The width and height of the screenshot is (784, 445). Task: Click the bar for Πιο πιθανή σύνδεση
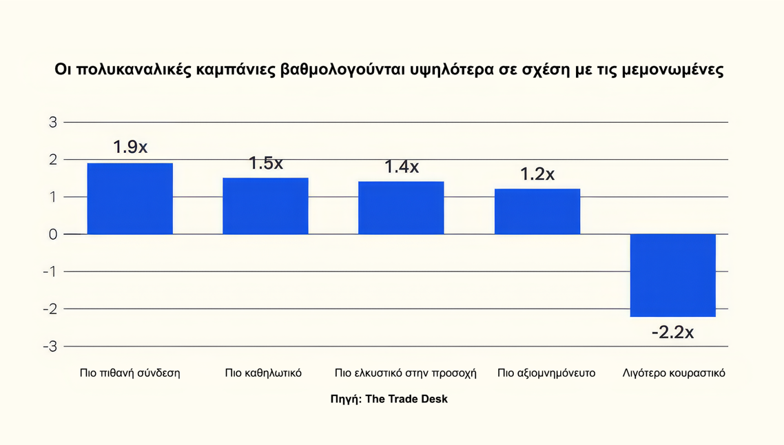click(130, 198)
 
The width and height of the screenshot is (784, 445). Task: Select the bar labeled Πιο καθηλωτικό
click(265, 206)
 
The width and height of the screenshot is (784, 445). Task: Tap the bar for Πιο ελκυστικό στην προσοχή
click(401, 208)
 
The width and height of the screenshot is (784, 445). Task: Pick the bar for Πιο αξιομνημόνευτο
click(537, 211)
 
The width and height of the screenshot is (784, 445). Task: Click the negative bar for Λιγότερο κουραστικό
click(673, 275)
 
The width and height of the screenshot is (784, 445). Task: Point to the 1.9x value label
click(130, 147)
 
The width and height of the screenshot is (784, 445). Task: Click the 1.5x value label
click(266, 163)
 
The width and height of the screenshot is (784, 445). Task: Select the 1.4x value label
click(402, 167)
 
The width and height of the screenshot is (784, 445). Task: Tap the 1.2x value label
click(537, 174)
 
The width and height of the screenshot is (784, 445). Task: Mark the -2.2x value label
click(672, 332)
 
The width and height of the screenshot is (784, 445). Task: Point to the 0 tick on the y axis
click(52, 234)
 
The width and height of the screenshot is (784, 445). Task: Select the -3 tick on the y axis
click(50, 346)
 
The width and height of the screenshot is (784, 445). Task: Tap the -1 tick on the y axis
click(50, 271)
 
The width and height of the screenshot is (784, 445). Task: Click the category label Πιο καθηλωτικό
click(263, 373)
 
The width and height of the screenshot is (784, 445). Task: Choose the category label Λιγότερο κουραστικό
click(673, 373)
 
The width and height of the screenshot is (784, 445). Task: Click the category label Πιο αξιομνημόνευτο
click(546, 373)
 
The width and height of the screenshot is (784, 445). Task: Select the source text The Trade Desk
click(406, 399)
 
